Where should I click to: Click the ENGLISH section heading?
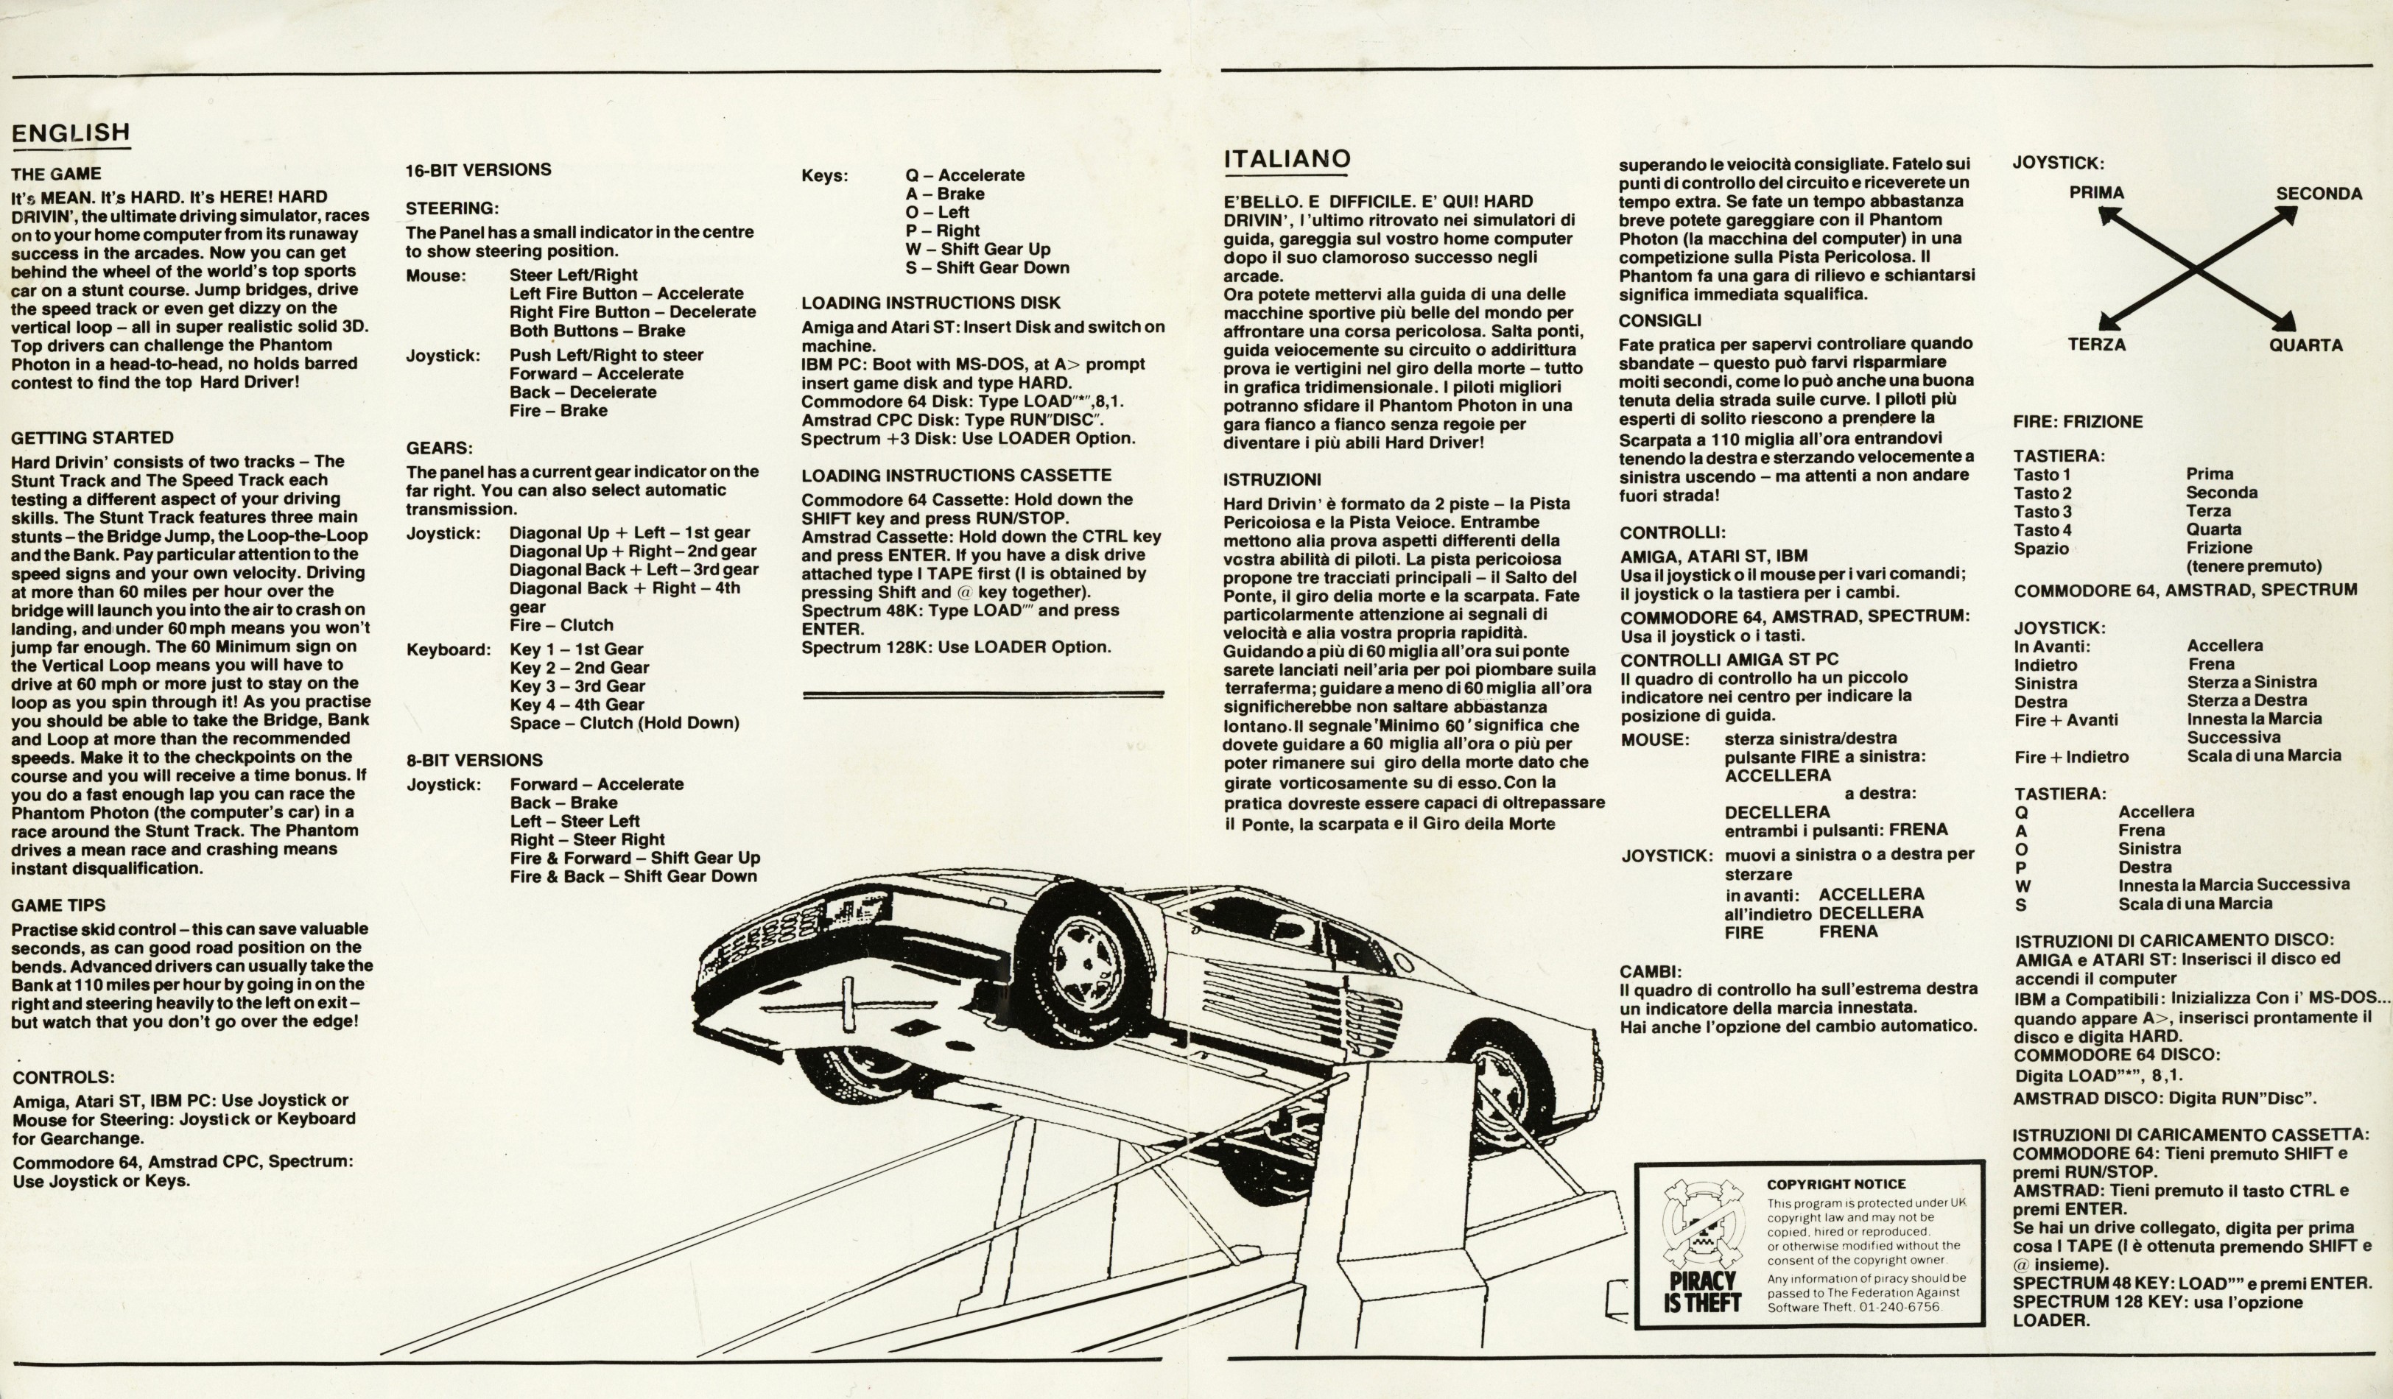pos(70,133)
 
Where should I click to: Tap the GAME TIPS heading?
pos(59,906)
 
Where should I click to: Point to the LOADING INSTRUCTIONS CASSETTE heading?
pos(956,476)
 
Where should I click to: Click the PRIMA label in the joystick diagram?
pos(2097,193)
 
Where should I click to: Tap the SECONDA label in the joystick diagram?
pos(2319,194)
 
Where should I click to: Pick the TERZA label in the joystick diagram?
pos(2097,345)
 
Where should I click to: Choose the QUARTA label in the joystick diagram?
pos(2305,345)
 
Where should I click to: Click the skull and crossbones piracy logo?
pos(1703,1225)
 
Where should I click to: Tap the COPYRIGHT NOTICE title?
pos(1835,1185)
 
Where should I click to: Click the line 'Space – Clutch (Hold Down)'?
pos(624,723)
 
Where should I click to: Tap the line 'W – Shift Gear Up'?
pos(978,250)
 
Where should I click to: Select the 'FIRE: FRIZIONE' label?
pos(2078,421)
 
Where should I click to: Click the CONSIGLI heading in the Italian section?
pos(1660,321)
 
